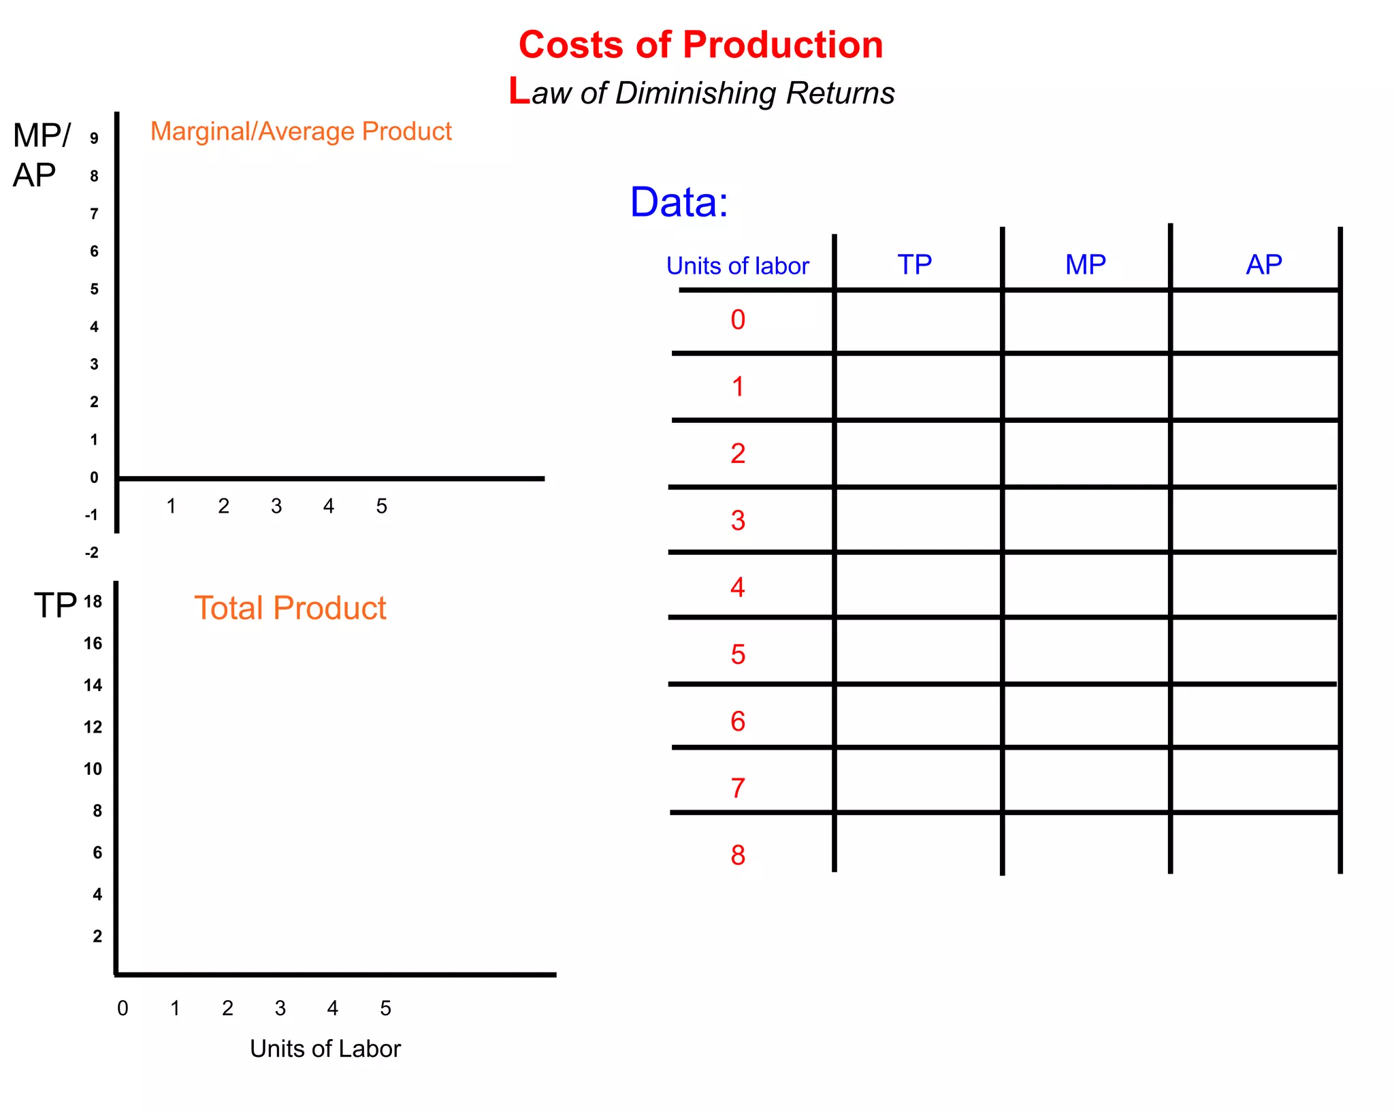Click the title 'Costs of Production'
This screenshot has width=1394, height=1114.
coord(700,45)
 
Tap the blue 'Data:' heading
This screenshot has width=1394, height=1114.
coord(679,202)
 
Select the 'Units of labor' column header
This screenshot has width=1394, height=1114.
coord(737,266)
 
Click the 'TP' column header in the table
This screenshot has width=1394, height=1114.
coord(914,264)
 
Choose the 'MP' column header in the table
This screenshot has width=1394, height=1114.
coord(1085,264)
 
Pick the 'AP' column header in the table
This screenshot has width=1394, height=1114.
coord(1263,264)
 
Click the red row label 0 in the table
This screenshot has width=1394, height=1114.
coord(738,320)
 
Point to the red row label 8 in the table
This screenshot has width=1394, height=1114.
coord(738,855)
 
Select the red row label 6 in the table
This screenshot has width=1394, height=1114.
coord(738,722)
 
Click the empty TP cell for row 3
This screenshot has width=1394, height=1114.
coord(918,520)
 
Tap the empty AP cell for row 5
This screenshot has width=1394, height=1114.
coord(1254,651)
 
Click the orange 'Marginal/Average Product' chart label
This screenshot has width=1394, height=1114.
coord(301,131)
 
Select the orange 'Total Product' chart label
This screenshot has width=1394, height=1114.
coord(290,608)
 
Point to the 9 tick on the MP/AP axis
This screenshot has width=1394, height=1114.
coord(94,138)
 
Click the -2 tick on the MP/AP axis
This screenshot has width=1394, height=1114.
coord(92,552)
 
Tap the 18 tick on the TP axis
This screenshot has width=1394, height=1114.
coord(93,601)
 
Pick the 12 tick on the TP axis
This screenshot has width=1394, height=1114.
coord(93,727)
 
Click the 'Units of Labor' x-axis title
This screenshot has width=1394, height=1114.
coord(325,1049)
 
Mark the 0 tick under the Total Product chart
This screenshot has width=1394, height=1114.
coord(123,1008)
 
